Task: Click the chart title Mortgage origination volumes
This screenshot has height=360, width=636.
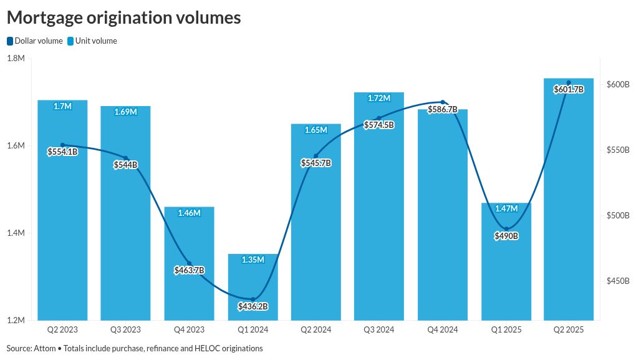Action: (x=123, y=17)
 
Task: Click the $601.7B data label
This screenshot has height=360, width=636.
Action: (x=568, y=90)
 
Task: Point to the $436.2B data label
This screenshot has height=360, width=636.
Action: (x=253, y=306)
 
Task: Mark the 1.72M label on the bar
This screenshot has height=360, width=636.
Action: (x=378, y=99)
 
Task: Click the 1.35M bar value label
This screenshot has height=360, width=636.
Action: (x=253, y=260)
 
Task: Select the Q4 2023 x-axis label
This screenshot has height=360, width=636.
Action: (x=189, y=329)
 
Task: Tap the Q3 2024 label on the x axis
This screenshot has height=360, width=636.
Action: (x=378, y=329)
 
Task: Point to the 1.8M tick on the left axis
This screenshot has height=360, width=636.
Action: (x=16, y=59)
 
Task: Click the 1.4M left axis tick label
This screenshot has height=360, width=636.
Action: (x=16, y=233)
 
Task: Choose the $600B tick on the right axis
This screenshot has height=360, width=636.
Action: (x=618, y=85)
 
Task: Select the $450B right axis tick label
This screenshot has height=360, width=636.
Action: (x=618, y=281)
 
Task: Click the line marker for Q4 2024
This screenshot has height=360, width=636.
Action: (x=442, y=102)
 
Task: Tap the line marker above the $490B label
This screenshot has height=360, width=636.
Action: (x=506, y=229)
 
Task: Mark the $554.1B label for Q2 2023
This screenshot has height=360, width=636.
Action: (x=62, y=152)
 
